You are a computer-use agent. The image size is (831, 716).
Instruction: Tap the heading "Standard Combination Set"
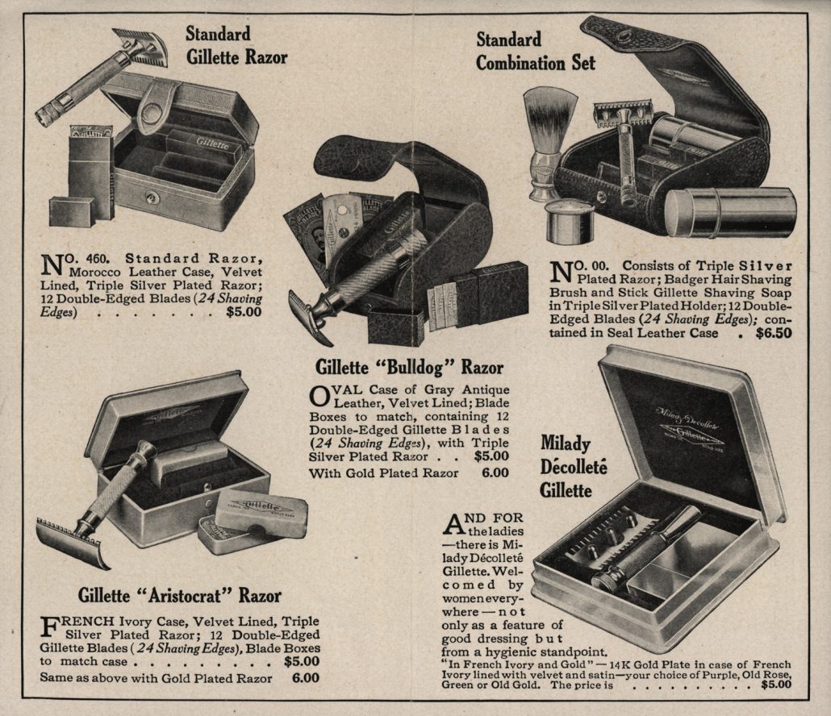pos(535,51)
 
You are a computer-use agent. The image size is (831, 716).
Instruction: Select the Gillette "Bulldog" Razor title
pos(409,368)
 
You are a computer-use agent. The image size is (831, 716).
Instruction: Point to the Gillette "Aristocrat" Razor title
pos(179,596)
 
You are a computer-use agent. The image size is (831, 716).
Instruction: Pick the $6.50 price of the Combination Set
pos(773,332)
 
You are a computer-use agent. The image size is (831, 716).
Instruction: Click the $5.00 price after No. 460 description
pos(244,312)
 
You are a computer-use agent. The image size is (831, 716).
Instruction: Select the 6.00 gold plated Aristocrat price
pos(305,678)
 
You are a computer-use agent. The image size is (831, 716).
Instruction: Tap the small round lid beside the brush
pos(569,219)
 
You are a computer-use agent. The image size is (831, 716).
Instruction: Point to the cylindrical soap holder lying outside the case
pos(730,213)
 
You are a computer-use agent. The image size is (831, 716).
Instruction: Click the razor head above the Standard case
pos(140,44)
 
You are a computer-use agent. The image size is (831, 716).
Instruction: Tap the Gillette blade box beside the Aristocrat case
pos(261,514)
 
